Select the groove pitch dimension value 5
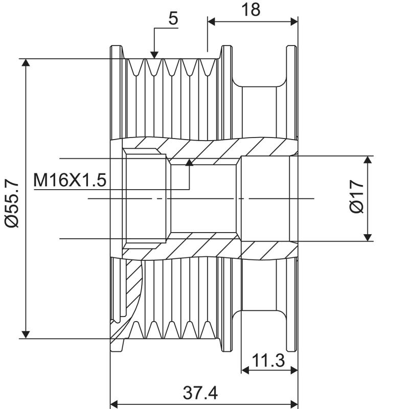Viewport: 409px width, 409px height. click(173, 18)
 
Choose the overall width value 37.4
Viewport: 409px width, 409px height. click(203, 393)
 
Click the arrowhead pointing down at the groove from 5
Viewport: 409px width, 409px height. click(154, 54)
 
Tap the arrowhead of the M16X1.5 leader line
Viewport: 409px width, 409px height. click(190, 163)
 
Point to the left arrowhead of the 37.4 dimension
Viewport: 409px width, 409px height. click(116, 403)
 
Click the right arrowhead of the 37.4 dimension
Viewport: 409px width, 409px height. click(293, 403)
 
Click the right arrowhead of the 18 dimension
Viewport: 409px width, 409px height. click(293, 21)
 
